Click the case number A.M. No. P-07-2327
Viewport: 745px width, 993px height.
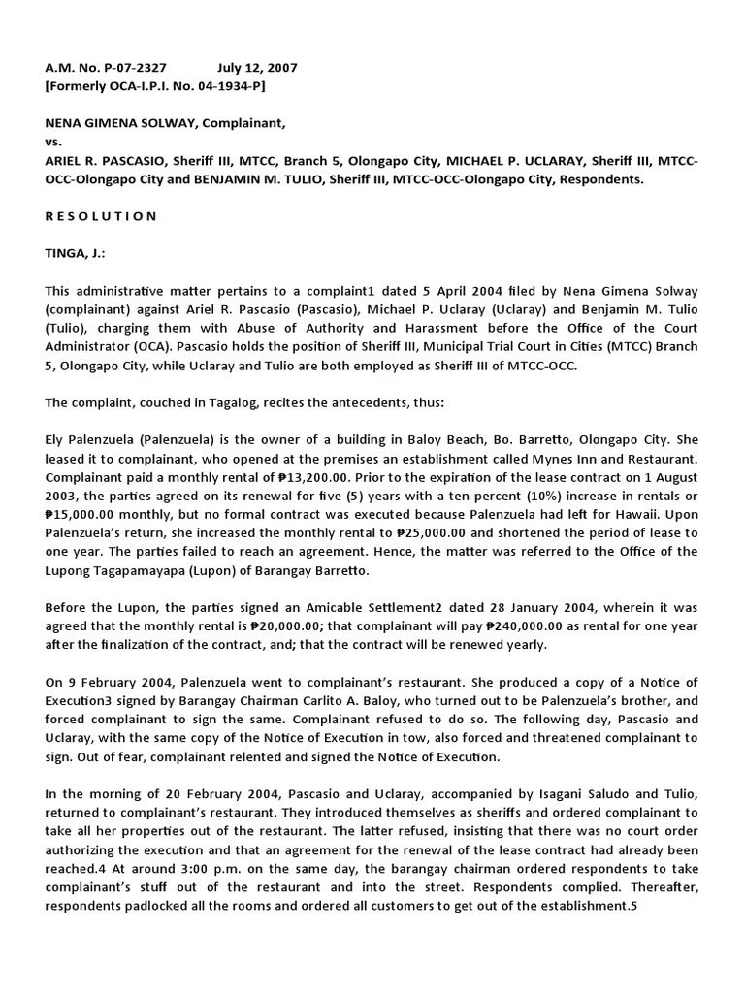[x=106, y=68]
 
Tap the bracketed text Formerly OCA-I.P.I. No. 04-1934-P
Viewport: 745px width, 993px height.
[x=155, y=86]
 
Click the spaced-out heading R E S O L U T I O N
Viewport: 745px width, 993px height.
[x=101, y=216]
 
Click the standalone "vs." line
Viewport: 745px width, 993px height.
[x=54, y=142]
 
